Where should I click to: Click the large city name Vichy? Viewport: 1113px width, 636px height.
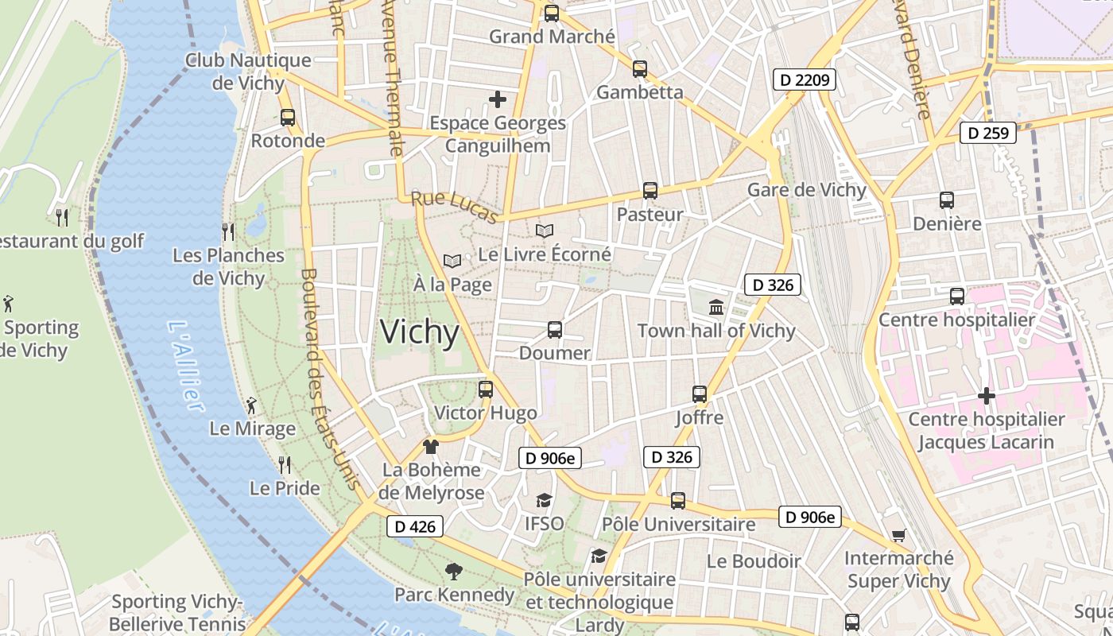pyautogui.click(x=420, y=332)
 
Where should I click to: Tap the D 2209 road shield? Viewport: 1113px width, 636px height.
pyautogui.click(x=804, y=79)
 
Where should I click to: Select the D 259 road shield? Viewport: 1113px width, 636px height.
pyautogui.click(x=989, y=133)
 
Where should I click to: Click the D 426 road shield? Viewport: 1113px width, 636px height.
pyautogui.click(x=414, y=526)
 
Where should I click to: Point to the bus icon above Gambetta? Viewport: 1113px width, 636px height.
pyautogui.click(x=640, y=69)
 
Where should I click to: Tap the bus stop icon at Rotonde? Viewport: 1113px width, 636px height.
pyautogui.click(x=288, y=118)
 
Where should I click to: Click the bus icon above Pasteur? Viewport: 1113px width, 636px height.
pyautogui.click(x=650, y=191)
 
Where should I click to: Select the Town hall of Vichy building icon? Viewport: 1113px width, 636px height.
pyautogui.click(x=715, y=307)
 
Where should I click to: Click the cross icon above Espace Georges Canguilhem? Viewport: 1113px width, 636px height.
pyautogui.click(x=498, y=99)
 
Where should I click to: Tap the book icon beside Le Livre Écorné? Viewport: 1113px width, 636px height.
pyautogui.click(x=545, y=231)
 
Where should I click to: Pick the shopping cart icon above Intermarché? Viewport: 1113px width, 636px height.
pyautogui.click(x=898, y=535)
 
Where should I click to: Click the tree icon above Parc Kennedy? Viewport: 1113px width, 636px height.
pyautogui.click(x=454, y=571)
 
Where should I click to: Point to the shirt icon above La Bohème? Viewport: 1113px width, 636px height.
pyautogui.click(x=431, y=446)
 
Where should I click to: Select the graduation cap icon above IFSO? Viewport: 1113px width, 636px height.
pyautogui.click(x=544, y=500)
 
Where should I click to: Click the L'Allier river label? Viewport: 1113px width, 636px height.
pyautogui.click(x=185, y=366)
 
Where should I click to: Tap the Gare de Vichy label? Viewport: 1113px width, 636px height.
pyautogui.click(x=806, y=190)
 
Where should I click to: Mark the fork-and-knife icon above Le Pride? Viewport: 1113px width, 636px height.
pyautogui.click(x=285, y=464)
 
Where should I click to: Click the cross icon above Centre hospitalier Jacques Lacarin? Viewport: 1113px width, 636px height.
pyautogui.click(x=987, y=396)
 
